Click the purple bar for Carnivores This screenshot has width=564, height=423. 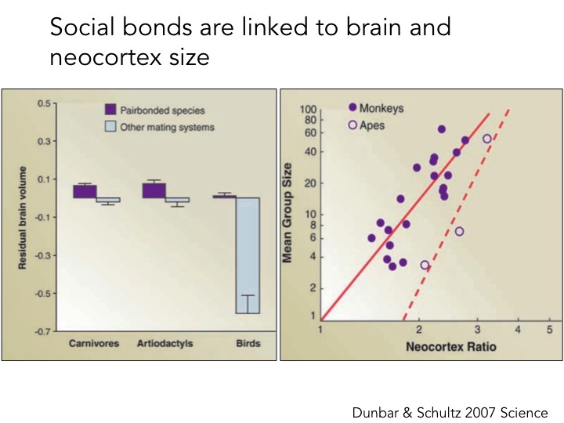pyautogui.click(x=85, y=191)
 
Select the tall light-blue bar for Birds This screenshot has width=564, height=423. pyautogui.click(x=248, y=255)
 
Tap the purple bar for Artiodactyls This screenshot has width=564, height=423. pyautogui.click(x=153, y=190)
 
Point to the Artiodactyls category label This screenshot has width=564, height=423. pyautogui.click(x=164, y=343)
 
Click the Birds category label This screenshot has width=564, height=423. pyautogui.click(x=248, y=343)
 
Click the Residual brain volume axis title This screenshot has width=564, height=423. pyautogui.click(x=23, y=217)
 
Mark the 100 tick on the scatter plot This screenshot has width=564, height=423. pyautogui.click(x=308, y=110)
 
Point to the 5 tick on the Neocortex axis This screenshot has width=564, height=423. pyautogui.click(x=550, y=330)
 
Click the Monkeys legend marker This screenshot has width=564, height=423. pyautogui.click(x=352, y=107)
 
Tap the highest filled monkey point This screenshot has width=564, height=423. pyautogui.click(x=442, y=129)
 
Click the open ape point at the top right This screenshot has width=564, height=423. pyautogui.click(x=486, y=139)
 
